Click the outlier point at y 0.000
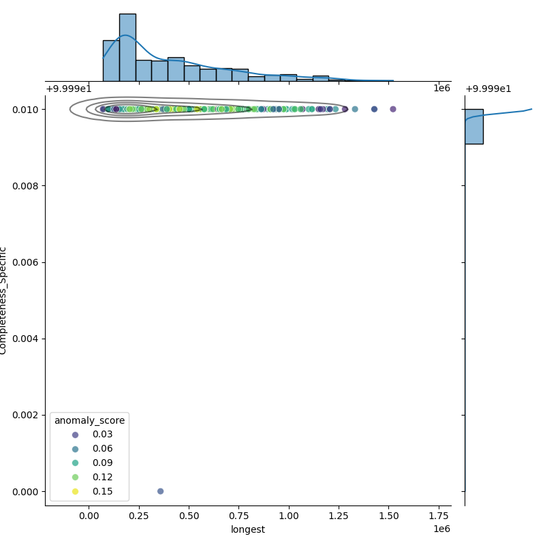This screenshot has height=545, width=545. click(x=160, y=491)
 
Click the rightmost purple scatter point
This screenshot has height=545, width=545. click(x=393, y=109)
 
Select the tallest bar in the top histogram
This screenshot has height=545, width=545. click(x=127, y=47)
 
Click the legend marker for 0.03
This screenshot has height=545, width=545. click(x=75, y=435)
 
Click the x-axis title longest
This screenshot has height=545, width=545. click(x=248, y=529)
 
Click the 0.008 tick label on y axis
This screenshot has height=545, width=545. click(x=26, y=186)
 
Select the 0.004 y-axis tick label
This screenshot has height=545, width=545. click(x=26, y=339)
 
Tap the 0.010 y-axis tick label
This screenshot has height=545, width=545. click(x=26, y=110)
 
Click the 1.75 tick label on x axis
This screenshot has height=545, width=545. click(x=439, y=516)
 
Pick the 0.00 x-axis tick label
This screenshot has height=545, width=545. click(x=89, y=516)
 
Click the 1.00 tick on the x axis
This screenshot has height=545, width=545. click(x=289, y=516)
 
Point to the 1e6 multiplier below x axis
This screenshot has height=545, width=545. click(x=441, y=529)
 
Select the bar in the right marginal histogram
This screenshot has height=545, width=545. click(x=473, y=126)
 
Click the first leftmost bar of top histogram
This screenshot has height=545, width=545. click(x=111, y=61)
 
